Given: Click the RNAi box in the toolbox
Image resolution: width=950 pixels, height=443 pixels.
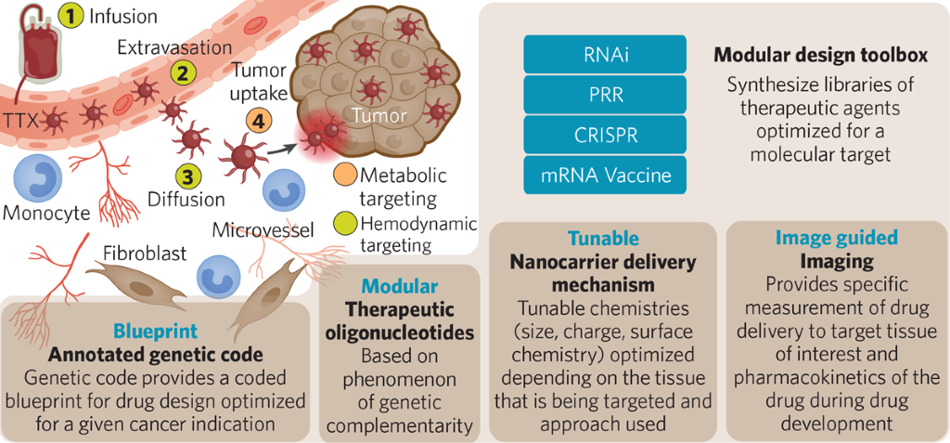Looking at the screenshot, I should (605, 54).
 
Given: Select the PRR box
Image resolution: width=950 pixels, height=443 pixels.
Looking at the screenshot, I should (605, 94).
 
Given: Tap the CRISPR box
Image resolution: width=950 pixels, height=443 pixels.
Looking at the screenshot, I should (605, 134).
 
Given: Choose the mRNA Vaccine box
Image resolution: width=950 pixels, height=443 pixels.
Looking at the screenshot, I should (605, 174).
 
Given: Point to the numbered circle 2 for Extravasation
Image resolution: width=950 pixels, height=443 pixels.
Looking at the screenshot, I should (184, 71).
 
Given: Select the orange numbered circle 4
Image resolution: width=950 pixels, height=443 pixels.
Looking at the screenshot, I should (259, 120).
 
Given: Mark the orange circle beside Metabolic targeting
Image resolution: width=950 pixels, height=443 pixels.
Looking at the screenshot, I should (345, 174).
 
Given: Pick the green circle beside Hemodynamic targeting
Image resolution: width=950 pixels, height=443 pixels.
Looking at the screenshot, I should (345, 223).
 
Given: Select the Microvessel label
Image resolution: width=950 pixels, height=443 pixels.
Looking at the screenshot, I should (264, 228).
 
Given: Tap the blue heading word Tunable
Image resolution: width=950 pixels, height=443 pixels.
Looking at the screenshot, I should (601, 238).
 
